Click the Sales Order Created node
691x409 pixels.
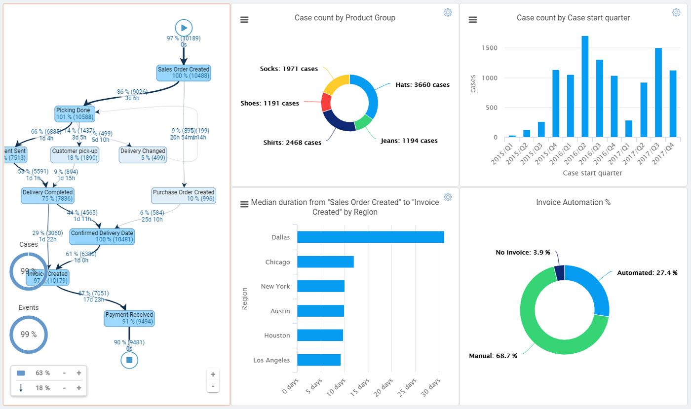[184, 73]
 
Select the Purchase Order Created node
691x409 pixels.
[184, 195]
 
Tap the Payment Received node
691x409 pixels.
[129, 318]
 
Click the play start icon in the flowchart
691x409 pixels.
[184, 28]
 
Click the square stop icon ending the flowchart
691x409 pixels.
[129, 360]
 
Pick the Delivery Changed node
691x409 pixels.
[143, 154]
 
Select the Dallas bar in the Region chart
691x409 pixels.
[370, 237]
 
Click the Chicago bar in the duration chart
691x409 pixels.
[325, 261]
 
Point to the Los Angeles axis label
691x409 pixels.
[271, 360]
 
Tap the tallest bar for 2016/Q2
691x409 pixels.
[585, 86]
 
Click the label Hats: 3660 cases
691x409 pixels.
[422, 85]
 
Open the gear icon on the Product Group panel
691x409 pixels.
[448, 13]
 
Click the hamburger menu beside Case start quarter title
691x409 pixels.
[473, 19]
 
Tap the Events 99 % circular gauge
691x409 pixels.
[29, 334]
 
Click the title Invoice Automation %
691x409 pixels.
[573, 202]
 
